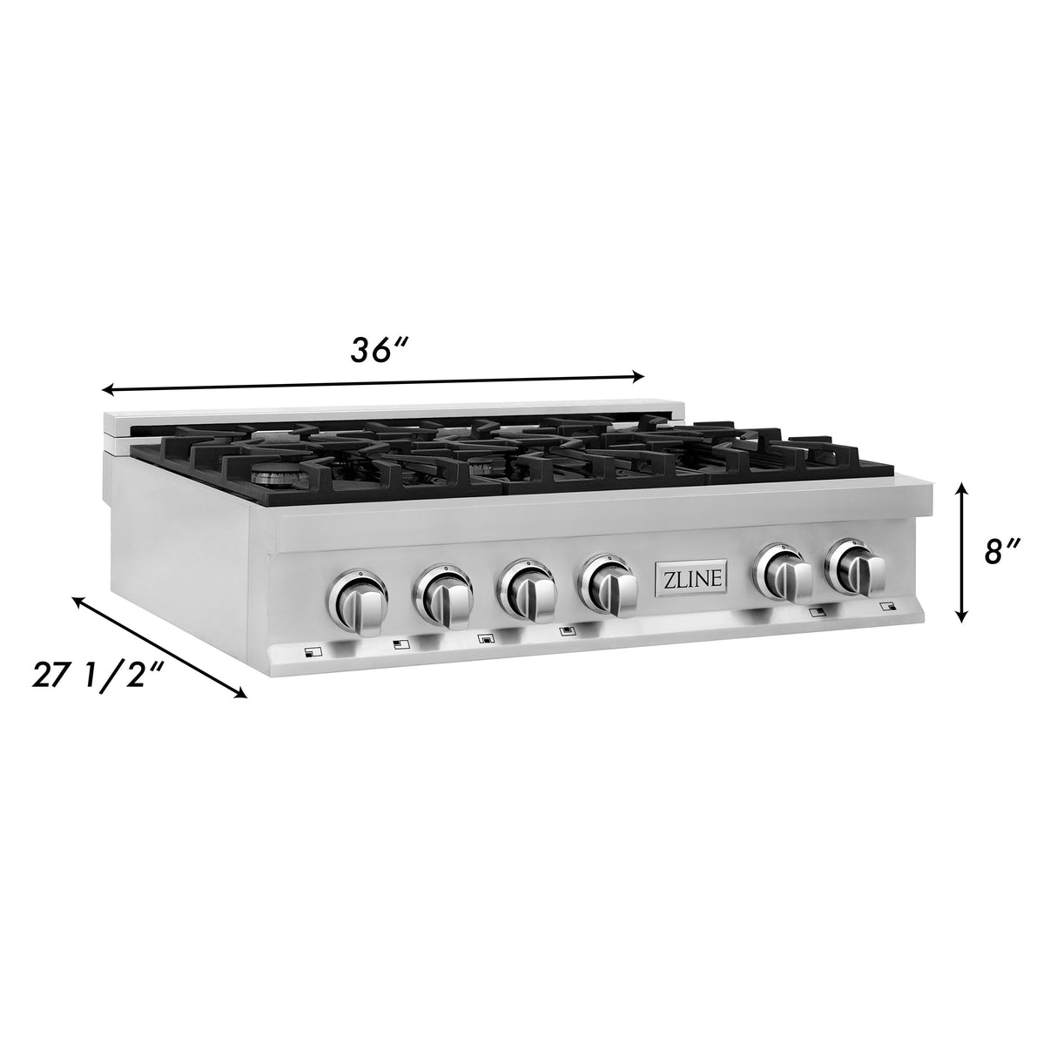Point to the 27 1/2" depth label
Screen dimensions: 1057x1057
[x=95, y=675]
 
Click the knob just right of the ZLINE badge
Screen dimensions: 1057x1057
[x=785, y=573]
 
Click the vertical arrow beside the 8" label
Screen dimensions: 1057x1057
[x=962, y=554]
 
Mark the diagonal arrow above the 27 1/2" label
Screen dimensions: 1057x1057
[x=159, y=647]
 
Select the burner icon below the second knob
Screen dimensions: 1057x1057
[x=400, y=645]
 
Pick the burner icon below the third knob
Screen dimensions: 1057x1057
[x=486, y=639]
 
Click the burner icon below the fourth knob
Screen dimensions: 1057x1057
[x=568, y=632]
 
